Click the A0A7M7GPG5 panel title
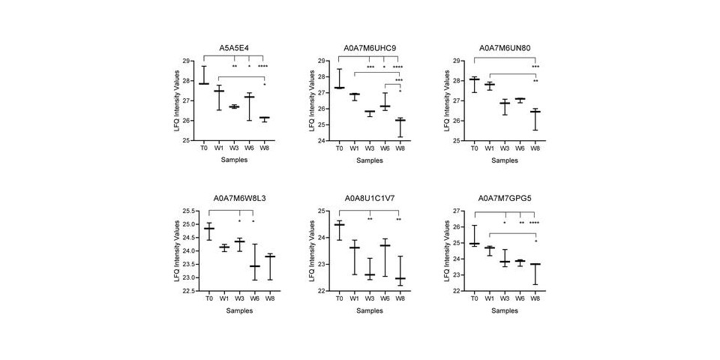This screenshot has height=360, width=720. pos(505,199)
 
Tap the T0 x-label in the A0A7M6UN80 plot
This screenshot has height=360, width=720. pos(474,148)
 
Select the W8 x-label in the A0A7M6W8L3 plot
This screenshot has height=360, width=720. pos(264,298)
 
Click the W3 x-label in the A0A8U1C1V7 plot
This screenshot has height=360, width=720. pos(370,298)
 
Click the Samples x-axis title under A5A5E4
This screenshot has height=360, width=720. pos(234,160)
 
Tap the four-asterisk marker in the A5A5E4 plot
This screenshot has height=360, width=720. pos(263,67)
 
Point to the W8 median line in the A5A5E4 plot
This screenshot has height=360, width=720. pos(264,118)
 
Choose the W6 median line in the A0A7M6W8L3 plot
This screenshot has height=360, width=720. pos(254,266)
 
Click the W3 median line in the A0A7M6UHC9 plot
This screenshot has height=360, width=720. pos(370,112)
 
